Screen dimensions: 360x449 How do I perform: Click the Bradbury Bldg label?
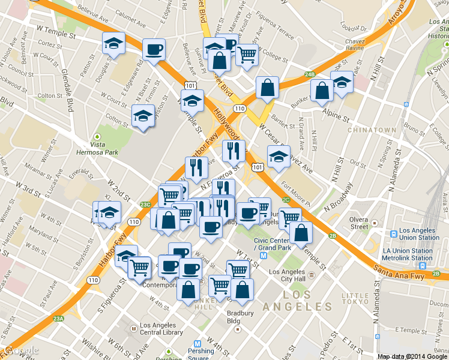[x=241, y=317]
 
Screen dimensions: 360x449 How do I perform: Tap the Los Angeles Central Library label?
[x=161, y=329]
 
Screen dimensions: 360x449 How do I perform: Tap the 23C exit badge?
[x=145, y=205]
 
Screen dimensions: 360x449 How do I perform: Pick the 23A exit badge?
[x=58, y=319]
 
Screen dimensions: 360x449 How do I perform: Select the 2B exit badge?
[x=333, y=236]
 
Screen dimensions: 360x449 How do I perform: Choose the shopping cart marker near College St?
[x=247, y=55]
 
